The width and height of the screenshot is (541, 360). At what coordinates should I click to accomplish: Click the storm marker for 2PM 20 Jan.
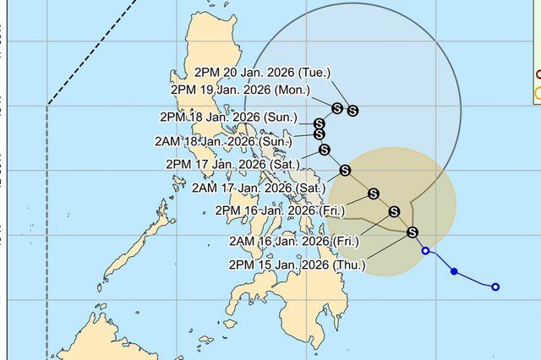coord(352,110)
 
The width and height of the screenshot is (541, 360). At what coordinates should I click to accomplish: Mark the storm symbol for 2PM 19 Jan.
coord(337,108)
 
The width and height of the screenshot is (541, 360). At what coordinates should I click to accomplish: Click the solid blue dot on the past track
coord(454,272)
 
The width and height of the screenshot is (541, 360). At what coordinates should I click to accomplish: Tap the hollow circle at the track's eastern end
coord(495,287)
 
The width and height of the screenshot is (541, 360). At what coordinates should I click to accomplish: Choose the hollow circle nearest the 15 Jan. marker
coord(426,251)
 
